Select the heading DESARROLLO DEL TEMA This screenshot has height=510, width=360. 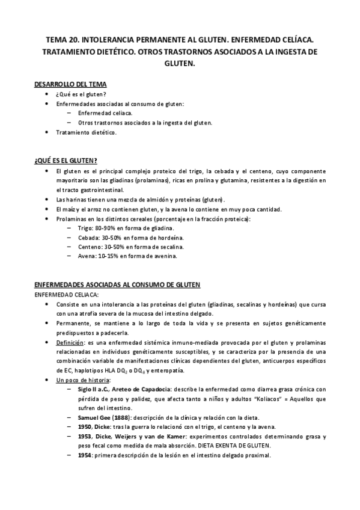click(x=70, y=85)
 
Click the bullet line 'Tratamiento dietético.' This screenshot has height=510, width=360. click(x=87, y=132)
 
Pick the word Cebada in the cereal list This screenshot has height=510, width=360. click(x=88, y=238)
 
